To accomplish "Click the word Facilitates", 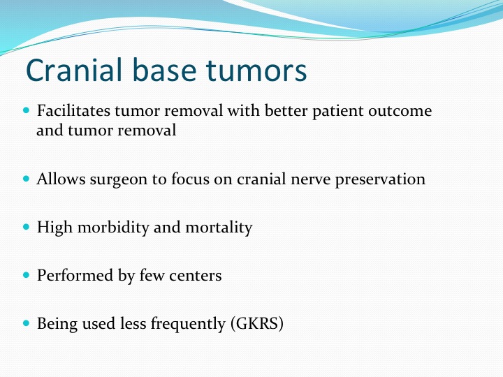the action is point(73,110).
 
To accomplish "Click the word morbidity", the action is point(113,228).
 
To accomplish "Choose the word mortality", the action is point(219,228).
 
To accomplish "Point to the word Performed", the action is point(75,275).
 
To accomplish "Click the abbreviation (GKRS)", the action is point(257,324).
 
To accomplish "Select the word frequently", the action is point(188,324).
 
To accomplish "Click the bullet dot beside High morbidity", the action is point(27,227).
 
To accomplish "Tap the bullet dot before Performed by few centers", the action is point(27,275).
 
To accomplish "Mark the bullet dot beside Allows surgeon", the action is point(27,179).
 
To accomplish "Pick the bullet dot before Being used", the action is point(27,323).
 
